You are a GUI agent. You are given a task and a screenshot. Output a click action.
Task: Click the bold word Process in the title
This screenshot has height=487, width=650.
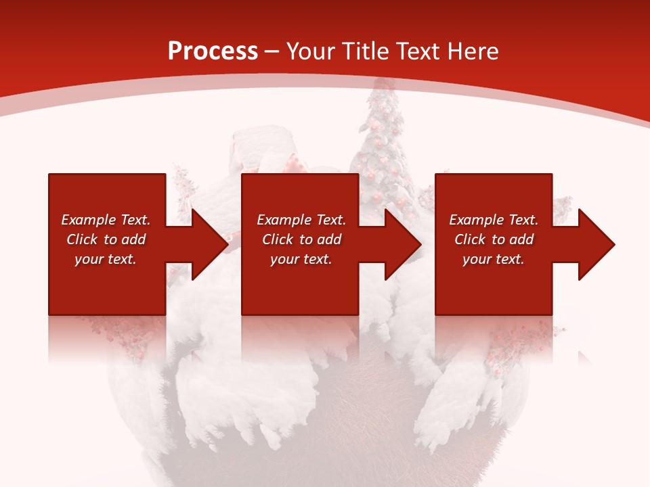pyautogui.click(x=213, y=51)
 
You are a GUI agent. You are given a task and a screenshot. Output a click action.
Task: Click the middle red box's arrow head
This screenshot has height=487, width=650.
pyautogui.click(x=402, y=244)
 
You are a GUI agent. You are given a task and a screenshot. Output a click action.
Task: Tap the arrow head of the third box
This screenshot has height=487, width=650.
pyautogui.click(x=595, y=244)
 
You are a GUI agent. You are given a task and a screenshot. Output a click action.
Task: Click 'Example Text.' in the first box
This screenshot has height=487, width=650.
pyautogui.click(x=106, y=220)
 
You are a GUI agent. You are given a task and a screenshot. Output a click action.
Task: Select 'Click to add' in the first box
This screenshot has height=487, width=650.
pyautogui.click(x=106, y=239)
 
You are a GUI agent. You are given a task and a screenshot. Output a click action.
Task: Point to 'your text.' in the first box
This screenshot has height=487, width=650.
pyautogui.click(x=106, y=259)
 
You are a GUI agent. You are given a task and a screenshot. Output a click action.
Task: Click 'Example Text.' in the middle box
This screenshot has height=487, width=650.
pyautogui.click(x=301, y=220)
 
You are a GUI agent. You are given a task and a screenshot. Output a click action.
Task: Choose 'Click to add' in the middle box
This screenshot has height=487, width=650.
pyautogui.click(x=301, y=239)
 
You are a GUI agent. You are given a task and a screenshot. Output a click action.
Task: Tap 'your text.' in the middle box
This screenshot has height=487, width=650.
pyautogui.click(x=301, y=259)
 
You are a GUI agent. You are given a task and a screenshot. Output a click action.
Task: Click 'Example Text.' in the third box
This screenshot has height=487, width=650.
pyautogui.click(x=494, y=220)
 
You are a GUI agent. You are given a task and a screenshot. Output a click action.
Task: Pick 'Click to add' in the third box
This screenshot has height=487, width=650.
pyautogui.click(x=494, y=239)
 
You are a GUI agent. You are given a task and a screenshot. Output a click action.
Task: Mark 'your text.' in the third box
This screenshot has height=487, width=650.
pyautogui.click(x=494, y=259)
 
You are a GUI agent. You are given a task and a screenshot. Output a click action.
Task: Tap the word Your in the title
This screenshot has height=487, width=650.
pyautogui.click(x=310, y=51)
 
